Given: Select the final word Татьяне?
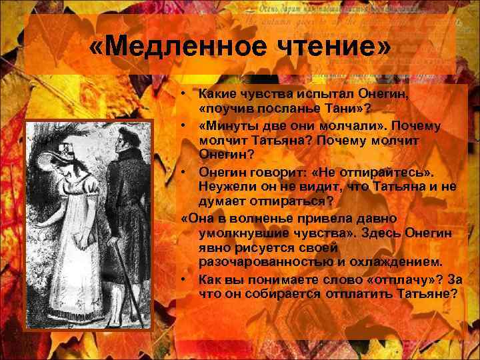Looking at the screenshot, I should (x=425, y=294).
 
